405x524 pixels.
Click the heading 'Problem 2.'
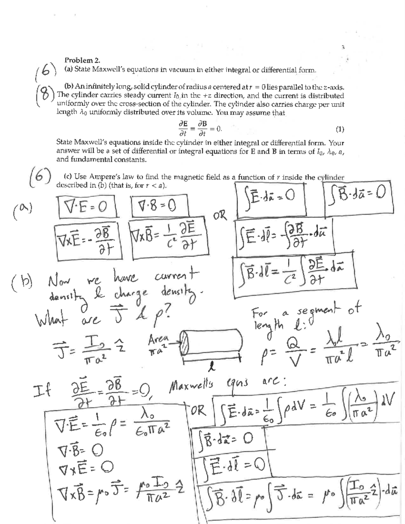[x=82, y=61]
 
